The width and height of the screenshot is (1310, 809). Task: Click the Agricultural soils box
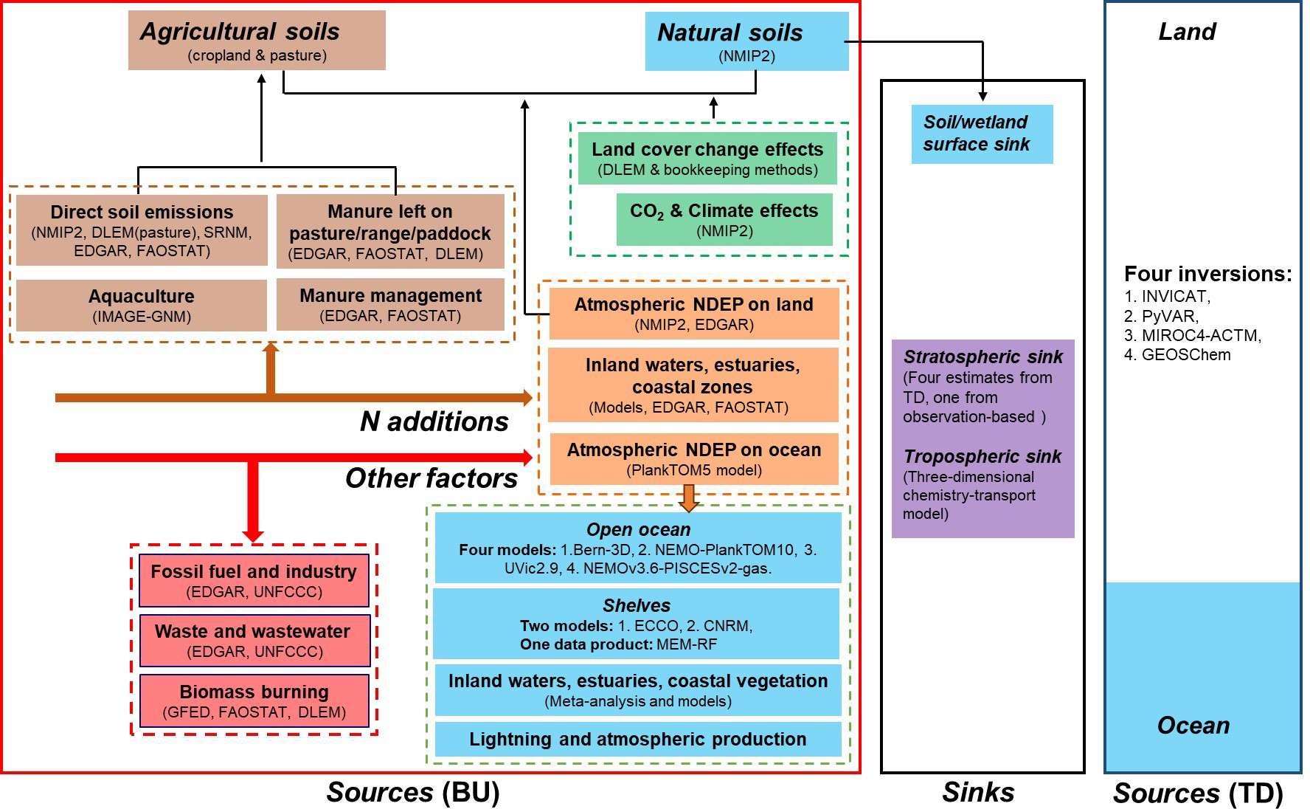coord(257,41)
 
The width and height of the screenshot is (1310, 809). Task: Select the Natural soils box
coord(746,41)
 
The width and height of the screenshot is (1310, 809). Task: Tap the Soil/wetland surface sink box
coord(982,134)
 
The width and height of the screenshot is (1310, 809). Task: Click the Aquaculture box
coord(142,306)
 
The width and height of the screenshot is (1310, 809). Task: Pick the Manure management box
coord(390,305)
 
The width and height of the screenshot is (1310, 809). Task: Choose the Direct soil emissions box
coord(142,230)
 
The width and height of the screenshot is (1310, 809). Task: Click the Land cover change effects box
coord(707,159)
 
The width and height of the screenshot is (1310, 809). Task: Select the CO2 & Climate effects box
coord(724,219)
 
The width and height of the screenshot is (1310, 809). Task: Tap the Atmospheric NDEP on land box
coord(694,314)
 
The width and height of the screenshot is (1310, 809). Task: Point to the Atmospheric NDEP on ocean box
coord(694,458)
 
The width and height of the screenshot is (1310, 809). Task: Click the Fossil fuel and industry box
coord(254,581)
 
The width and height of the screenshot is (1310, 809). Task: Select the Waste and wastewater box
coord(254,641)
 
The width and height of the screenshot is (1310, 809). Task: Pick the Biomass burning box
coord(254,700)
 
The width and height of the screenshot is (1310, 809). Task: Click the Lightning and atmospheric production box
coord(638,739)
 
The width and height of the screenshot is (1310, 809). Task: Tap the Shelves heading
coord(637,606)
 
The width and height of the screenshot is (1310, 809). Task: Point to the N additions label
coord(434,421)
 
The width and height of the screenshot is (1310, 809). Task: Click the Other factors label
coord(432,478)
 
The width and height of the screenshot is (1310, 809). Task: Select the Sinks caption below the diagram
coord(978,793)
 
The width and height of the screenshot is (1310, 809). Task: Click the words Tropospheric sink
coord(982,457)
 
